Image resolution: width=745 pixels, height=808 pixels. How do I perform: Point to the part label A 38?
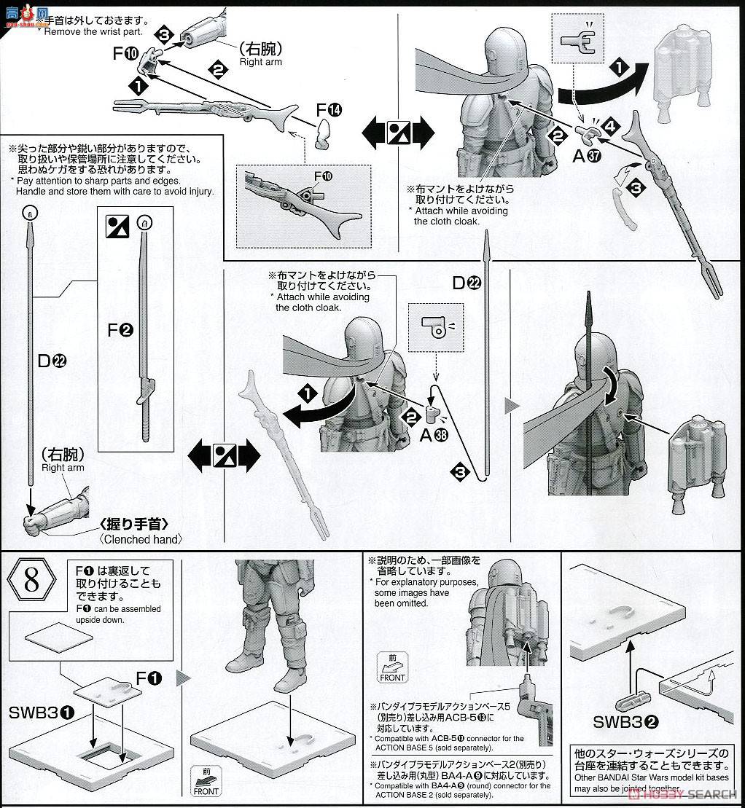[x=437, y=436]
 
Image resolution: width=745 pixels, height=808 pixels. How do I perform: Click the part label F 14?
[x=328, y=110]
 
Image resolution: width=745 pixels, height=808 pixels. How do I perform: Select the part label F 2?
[x=120, y=329]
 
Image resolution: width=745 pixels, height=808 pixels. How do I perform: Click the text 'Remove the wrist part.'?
[x=94, y=32]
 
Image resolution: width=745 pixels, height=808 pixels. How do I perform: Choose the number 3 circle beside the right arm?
[x=164, y=34]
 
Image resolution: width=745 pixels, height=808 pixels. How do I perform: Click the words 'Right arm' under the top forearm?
[x=260, y=62]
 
